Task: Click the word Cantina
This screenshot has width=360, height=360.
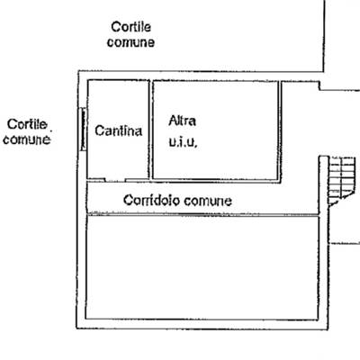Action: coord(118,130)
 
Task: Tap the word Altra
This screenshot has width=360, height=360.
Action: coord(183,121)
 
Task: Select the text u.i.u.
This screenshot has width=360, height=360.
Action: coord(183,141)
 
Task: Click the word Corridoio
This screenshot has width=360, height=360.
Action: coord(151,200)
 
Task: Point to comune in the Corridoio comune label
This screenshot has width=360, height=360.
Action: coord(208,201)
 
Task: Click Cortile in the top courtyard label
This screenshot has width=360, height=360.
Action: coord(130,27)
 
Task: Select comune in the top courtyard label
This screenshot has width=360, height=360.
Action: coord(130,42)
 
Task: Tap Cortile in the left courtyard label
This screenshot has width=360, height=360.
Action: coord(27,124)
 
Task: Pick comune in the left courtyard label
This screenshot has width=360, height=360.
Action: coord(26,139)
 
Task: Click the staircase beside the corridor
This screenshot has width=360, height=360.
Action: coord(341,181)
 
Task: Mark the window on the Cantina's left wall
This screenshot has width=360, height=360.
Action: coord(83,129)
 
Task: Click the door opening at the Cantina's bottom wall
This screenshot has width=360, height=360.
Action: coord(115,180)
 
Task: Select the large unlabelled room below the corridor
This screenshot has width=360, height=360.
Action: coord(202,267)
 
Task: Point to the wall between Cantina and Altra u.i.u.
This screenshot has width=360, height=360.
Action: coord(150,130)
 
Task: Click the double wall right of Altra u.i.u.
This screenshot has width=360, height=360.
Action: coord(280,131)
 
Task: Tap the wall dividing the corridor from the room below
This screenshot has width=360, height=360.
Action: coord(202,215)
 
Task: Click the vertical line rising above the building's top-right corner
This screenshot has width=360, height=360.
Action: coord(324,36)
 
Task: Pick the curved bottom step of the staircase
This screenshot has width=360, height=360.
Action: coord(340,200)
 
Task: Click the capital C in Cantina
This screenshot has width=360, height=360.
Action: coord(99,130)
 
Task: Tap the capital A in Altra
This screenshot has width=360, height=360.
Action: coord(173,121)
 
